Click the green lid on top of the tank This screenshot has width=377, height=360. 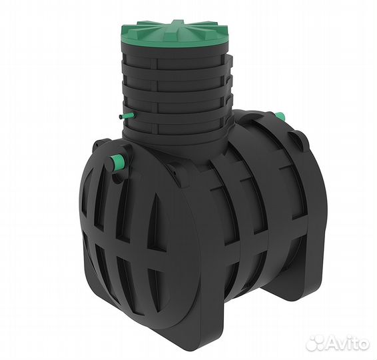coord(173,34)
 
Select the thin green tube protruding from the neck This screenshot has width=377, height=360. coord(127,116)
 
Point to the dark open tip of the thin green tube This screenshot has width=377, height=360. coord(121,117)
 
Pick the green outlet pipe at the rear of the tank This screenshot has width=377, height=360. coord(280,115)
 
